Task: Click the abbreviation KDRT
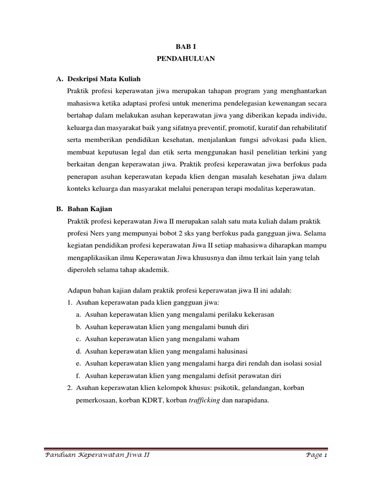click(x=151, y=401)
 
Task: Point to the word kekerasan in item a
click(x=256, y=314)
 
